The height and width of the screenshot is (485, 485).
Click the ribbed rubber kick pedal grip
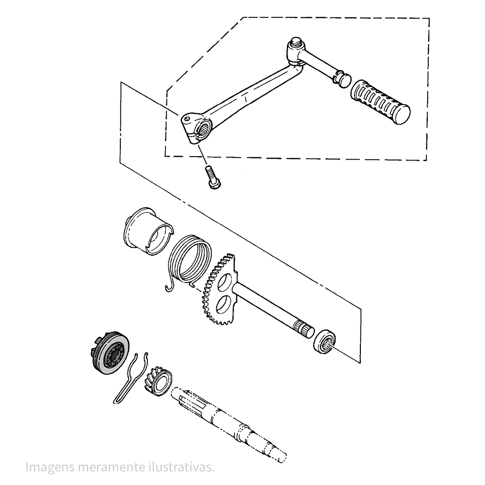pyautogui.click(x=380, y=102)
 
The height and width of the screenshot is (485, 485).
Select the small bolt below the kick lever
pyautogui.click(x=213, y=177)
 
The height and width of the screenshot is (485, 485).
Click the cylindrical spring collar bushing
pyautogui.click(x=148, y=231)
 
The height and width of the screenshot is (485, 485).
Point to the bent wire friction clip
pyautogui.click(x=131, y=377)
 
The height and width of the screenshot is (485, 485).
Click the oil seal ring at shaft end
pyautogui.click(x=324, y=342)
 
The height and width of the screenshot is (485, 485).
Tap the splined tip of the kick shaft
pyautogui.click(x=304, y=329)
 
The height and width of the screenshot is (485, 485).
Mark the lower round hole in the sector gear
pyautogui.click(x=223, y=304)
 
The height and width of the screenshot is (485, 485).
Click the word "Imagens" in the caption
pyautogui.click(x=50, y=468)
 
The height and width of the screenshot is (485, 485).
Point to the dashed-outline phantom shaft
pyautogui.click(x=229, y=424)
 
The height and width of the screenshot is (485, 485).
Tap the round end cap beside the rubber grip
pyautogui.click(x=344, y=80)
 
